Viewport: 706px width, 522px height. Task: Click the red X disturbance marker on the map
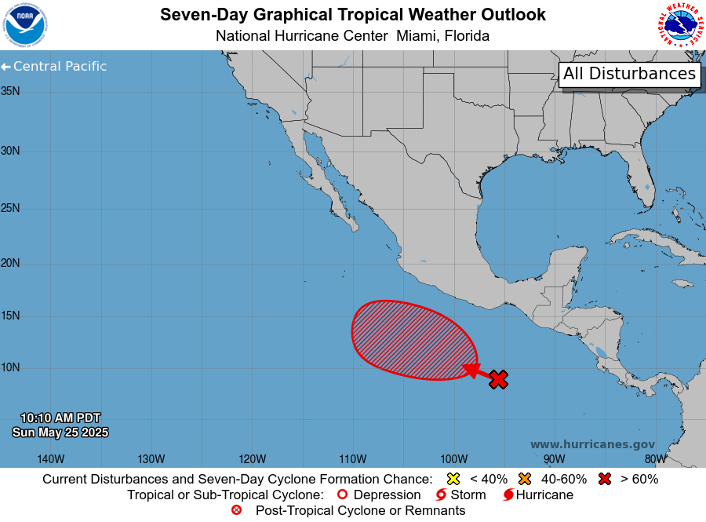[x=499, y=379]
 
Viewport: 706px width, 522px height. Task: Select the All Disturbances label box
[x=629, y=74]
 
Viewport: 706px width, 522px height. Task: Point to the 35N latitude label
[x=10, y=91]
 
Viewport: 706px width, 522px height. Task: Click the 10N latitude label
[x=10, y=368]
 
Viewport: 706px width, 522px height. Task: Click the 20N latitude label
[x=10, y=263]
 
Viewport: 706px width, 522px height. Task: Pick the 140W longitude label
[x=50, y=459]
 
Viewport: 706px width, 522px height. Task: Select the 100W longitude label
[x=453, y=459]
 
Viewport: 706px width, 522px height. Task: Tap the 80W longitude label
[x=655, y=459]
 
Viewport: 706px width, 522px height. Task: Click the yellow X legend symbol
[x=453, y=479]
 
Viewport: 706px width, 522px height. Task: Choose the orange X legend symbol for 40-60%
[x=525, y=479]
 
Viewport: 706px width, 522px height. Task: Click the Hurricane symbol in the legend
[x=508, y=495]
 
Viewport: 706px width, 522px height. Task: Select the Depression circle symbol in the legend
[x=341, y=495]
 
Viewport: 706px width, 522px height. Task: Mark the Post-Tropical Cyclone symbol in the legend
[x=237, y=511]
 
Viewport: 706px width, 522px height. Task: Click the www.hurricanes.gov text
[x=592, y=444]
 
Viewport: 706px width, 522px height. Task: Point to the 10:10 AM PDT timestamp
[x=60, y=418]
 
